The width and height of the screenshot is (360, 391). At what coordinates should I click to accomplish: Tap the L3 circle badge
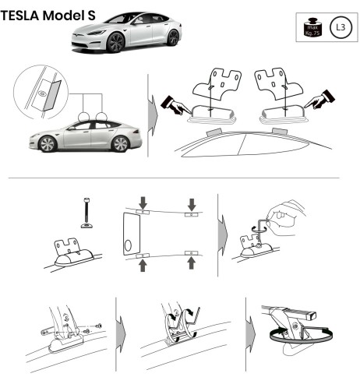point(339,29)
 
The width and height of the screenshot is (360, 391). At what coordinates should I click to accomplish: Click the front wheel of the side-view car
point(48,144)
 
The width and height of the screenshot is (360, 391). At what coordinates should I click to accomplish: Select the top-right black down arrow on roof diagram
point(189,203)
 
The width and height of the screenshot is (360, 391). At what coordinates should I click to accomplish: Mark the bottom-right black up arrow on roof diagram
point(189,262)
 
